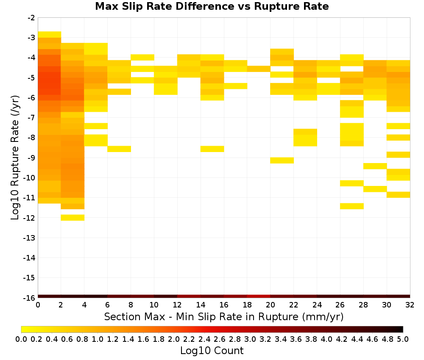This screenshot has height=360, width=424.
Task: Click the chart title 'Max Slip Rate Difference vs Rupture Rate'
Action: [x=212, y=6]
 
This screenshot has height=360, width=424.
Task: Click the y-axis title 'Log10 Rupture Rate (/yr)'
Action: [x=15, y=158]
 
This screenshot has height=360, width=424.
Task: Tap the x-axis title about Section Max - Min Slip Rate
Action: [x=223, y=316]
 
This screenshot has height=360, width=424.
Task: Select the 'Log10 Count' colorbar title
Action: [x=212, y=351]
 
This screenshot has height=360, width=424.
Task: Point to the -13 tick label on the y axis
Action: [x=29, y=238]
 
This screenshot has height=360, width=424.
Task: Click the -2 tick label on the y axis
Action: [x=31, y=18]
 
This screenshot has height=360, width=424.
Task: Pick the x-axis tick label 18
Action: [x=247, y=305]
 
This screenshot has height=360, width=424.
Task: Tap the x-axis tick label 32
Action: [x=410, y=305]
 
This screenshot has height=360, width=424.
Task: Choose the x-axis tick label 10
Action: [x=154, y=305]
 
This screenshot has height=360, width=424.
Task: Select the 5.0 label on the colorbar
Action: [x=403, y=339]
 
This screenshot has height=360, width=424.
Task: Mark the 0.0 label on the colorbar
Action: [x=21, y=339]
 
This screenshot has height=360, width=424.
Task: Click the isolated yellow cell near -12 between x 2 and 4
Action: [x=73, y=217]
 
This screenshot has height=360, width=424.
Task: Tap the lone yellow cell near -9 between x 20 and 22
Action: [x=282, y=161]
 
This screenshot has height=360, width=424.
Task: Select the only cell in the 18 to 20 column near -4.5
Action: [x=259, y=69]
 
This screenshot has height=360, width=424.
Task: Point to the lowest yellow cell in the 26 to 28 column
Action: [x=352, y=206]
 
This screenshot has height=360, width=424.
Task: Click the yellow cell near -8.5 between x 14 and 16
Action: [x=212, y=149]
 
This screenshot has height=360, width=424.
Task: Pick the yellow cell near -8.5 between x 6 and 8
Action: [x=119, y=149]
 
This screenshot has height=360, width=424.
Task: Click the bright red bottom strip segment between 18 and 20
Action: [x=259, y=296]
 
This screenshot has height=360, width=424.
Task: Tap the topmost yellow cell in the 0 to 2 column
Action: [x=49, y=35]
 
